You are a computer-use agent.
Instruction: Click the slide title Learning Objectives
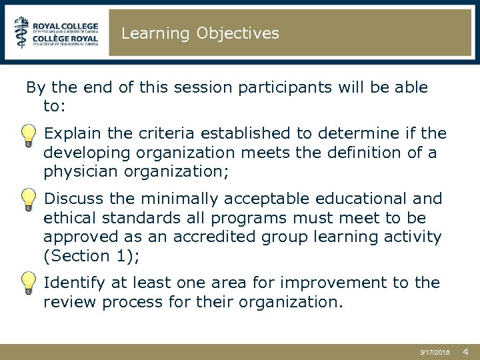pyautogui.click(x=200, y=33)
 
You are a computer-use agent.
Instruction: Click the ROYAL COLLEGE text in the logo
pyautogui.click(x=66, y=22)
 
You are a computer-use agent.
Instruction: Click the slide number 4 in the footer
pyautogui.click(x=465, y=351)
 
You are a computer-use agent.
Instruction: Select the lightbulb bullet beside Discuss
pyautogui.click(x=28, y=199)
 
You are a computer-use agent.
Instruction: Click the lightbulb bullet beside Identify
pyautogui.click(x=28, y=283)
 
